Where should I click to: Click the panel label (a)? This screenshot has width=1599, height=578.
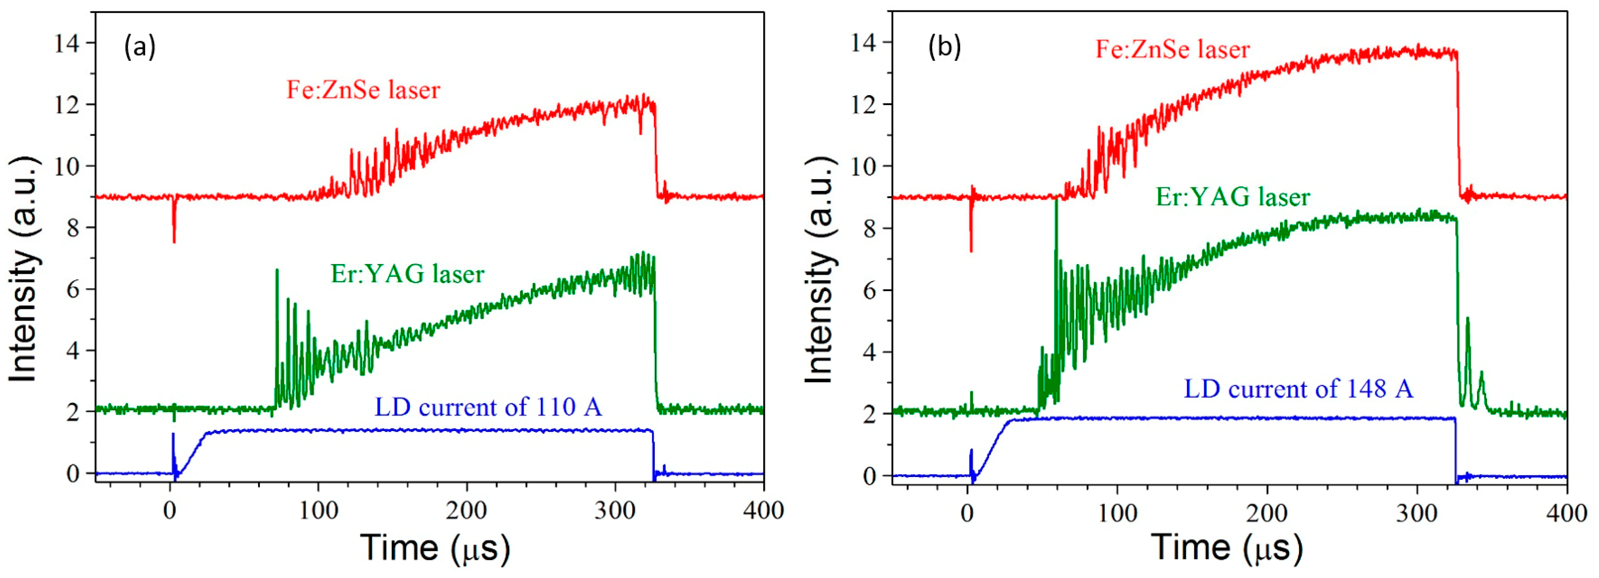click(x=140, y=47)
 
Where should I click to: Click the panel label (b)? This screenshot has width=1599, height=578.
click(x=944, y=47)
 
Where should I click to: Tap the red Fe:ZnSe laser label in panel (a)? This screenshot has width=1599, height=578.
click(x=363, y=90)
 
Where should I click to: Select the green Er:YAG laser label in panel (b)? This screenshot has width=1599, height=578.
click(x=1232, y=197)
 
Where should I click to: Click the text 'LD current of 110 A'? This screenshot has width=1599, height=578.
click(x=488, y=407)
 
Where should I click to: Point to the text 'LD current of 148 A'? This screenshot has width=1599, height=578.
click(x=1299, y=389)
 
